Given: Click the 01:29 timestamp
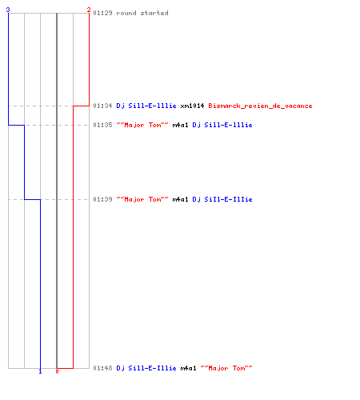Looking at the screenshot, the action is pyautogui.click(x=102, y=13).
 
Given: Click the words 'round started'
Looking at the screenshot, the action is pyautogui.click(x=142, y=13).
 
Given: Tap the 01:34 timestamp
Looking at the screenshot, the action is pyautogui.click(x=102, y=106).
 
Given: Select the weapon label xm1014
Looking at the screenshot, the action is pyautogui.click(x=192, y=106).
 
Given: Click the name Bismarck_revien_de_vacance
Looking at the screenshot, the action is pyautogui.click(x=260, y=106).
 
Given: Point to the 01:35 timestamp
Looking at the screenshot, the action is pyautogui.click(x=102, y=125).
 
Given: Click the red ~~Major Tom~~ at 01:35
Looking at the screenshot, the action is pyautogui.click(x=142, y=125).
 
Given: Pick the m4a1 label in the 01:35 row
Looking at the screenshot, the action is pyautogui.click(x=180, y=125).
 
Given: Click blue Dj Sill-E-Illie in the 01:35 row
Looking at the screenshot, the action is pyautogui.click(x=222, y=125).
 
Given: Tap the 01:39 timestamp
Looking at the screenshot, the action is pyautogui.click(x=102, y=199).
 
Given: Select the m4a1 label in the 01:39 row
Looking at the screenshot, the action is pyautogui.click(x=180, y=199).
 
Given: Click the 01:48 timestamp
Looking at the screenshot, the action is pyautogui.click(x=102, y=368).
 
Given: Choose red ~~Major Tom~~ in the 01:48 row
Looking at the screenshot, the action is pyautogui.click(x=226, y=368).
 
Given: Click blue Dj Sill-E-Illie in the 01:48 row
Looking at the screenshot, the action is pyautogui.click(x=146, y=368).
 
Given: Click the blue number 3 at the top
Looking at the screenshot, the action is pyautogui.click(x=8, y=10).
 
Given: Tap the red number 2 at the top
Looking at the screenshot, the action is pyautogui.click(x=89, y=10).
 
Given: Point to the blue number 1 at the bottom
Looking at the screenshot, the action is pyautogui.click(x=40, y=371).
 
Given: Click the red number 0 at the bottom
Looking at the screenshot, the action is pyautogui.click(x=57, y=371).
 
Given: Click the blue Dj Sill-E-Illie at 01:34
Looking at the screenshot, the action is pyautogui.click(x=146, y=106).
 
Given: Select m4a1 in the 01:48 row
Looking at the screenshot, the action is pyautogui.click(x=188, y=368).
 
